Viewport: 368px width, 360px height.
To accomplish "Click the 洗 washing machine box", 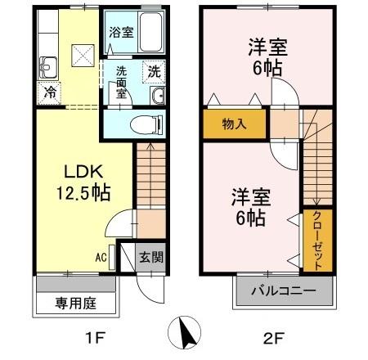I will tap(154, 72).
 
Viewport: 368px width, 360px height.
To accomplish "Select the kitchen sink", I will tap(47, 66).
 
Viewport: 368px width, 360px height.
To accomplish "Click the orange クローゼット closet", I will tap(316, 240).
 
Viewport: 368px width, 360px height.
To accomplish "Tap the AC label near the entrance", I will tap(101, 257).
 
